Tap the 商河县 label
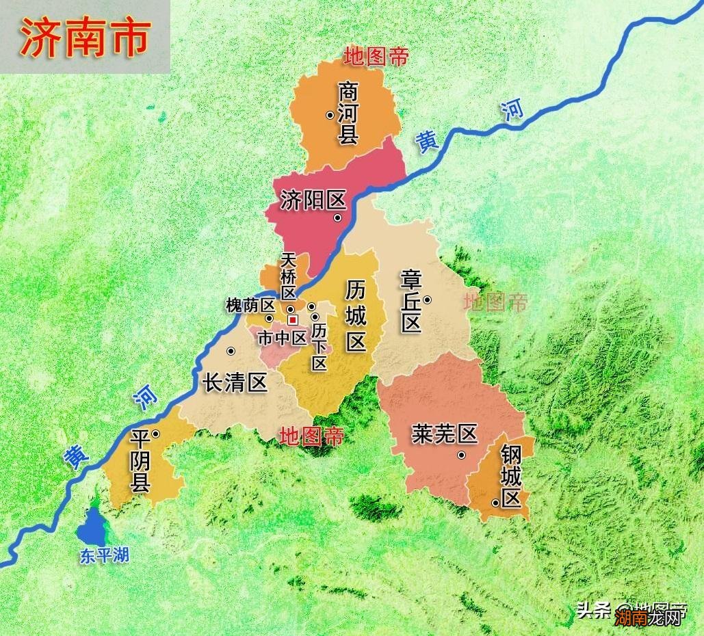click(348, 114)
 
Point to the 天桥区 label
click(289, 276)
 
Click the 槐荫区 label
click(250, 306)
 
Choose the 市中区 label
click(282, 337)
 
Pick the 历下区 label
click(319, 347)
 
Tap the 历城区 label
click(356, 315)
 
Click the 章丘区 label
click(411, 301)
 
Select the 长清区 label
click(235, 382)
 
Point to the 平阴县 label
click(140, 462)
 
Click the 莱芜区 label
click(444, 434)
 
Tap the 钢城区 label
click(511, 476)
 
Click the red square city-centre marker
click(293, 319)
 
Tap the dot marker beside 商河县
click(330, 115)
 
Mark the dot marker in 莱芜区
click(462, 455)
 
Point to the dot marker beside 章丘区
click(427, 300)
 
